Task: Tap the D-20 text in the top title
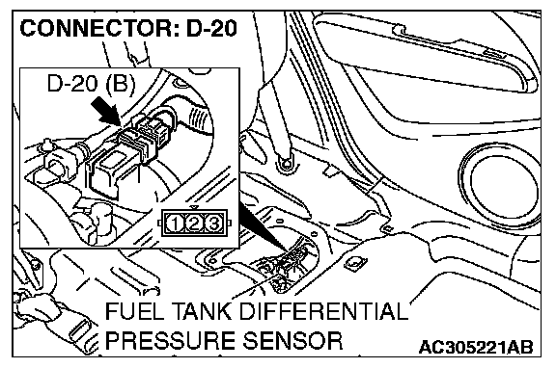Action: click(x=211, y=28)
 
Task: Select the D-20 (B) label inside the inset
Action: click(x=91, y=84)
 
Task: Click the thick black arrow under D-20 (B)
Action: click(x=105, y=112)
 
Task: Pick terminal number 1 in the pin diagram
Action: click(x=175, y=223)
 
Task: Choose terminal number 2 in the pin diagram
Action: click(x=194, y=223)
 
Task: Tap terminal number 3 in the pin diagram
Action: click(x=213, y=223)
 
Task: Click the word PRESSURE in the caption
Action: click(x=171, y=340)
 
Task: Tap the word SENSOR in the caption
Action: click(x=292, y=340)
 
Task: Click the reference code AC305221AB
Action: click(x=476, y=347)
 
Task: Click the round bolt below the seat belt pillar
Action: click(x=286, y=164)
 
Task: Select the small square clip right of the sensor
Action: click(x=355, y=263)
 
